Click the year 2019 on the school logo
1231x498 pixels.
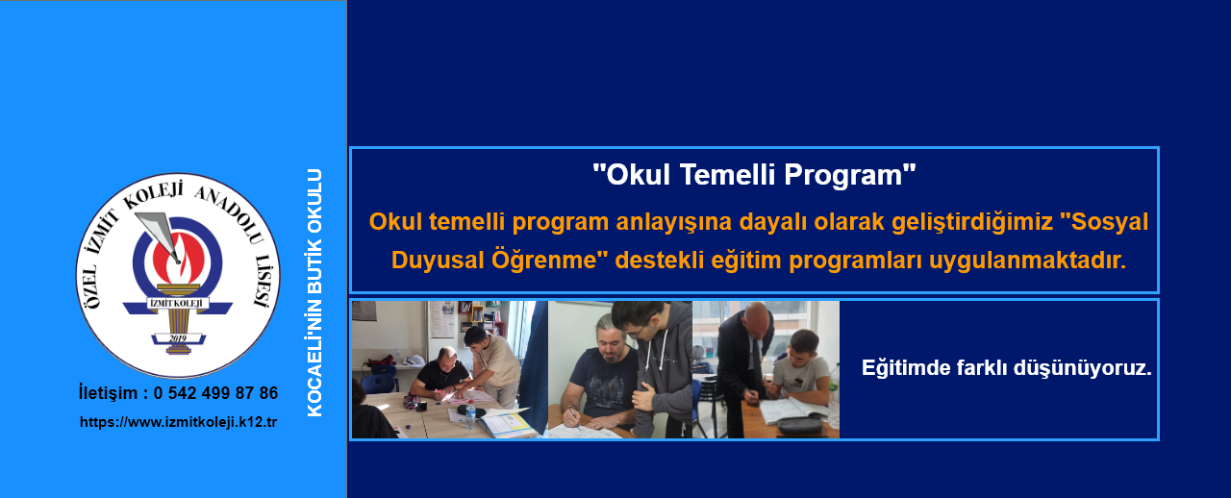(178, 338)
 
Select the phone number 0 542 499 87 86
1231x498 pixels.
(216, 393)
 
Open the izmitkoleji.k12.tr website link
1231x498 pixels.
(179, 422)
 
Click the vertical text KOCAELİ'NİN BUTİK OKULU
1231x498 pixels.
(314, 293)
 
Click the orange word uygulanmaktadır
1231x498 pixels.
(1027, 261)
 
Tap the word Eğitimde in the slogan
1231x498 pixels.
(906, 367)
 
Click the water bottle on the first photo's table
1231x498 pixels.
(470, 414)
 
